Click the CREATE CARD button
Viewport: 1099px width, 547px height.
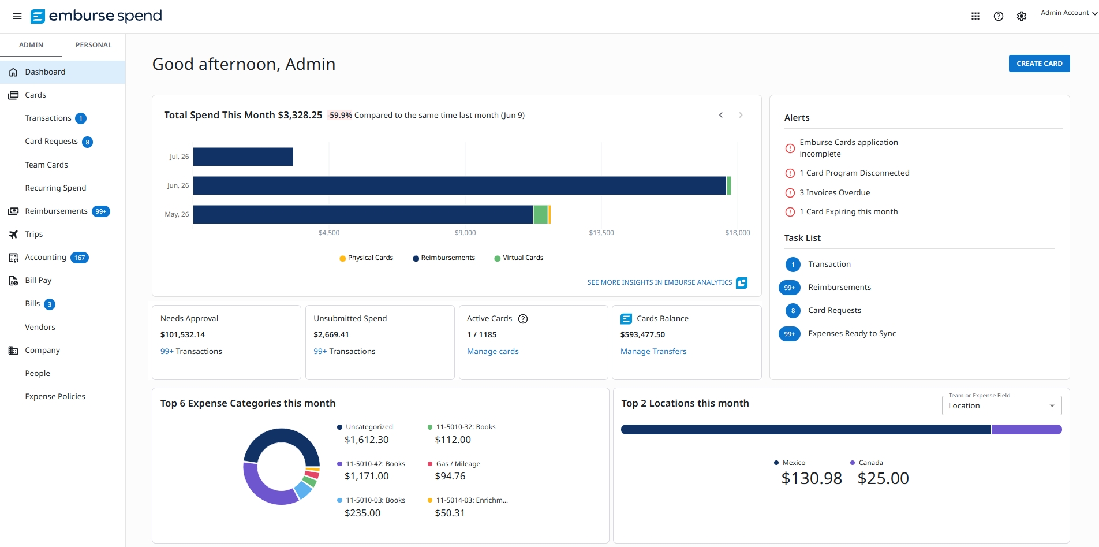[1039, 64]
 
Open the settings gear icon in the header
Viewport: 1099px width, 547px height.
[1022, 16]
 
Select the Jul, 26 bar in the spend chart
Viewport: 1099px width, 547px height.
[243, 157]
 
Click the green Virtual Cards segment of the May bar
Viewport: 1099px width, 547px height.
[540, 214]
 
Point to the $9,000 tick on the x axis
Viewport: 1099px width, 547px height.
[465, 233]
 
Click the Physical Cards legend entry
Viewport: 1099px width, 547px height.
[367, 258]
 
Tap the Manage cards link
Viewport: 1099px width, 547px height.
[493, 351]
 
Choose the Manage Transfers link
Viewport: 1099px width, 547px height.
[653, 351]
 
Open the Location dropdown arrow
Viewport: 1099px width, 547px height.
[1052, 406]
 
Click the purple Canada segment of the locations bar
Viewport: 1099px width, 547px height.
[1027, 429]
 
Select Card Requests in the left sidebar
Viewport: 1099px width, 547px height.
[51, 142]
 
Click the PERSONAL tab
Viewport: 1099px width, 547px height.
[94, 45]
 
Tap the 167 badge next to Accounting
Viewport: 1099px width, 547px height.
[80, 258]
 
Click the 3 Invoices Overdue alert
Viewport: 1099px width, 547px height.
[835, 192]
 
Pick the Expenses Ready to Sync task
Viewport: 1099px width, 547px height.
[852, 334]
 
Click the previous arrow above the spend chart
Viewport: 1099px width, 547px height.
[721, 115]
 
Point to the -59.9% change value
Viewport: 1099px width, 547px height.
[340, 115]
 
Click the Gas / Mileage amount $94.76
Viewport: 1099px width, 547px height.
[450, 476]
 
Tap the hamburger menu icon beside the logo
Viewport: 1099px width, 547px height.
[17, 16]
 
